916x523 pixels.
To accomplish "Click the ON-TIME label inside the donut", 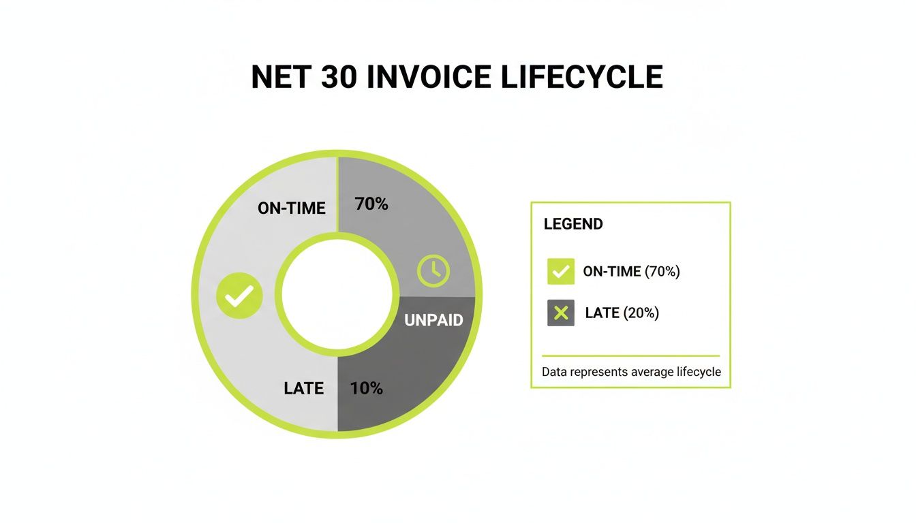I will tap(291, 208).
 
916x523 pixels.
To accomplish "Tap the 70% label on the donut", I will tap(371, 204).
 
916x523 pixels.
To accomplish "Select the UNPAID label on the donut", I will tap(433, 320).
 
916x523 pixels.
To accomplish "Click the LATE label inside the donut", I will tap(303, 388).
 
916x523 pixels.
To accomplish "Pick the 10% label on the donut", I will tap(366, 388).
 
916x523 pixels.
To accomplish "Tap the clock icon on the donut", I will tap(433, 270).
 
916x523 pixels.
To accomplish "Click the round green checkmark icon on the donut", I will tap(239, 296).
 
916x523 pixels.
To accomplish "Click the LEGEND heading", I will tap(573, 224).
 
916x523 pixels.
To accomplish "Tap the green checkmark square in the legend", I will tap(560, 271).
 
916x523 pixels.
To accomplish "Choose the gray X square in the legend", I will tap(560, 313).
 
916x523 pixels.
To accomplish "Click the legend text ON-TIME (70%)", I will tap(631, 271).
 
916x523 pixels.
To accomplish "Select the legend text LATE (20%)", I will tap(622, 313).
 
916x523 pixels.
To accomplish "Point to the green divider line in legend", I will tap(630, 355).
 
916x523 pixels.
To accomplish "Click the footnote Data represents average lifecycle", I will tap(631, 373).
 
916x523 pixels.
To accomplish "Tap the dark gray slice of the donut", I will tap(402, 381).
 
